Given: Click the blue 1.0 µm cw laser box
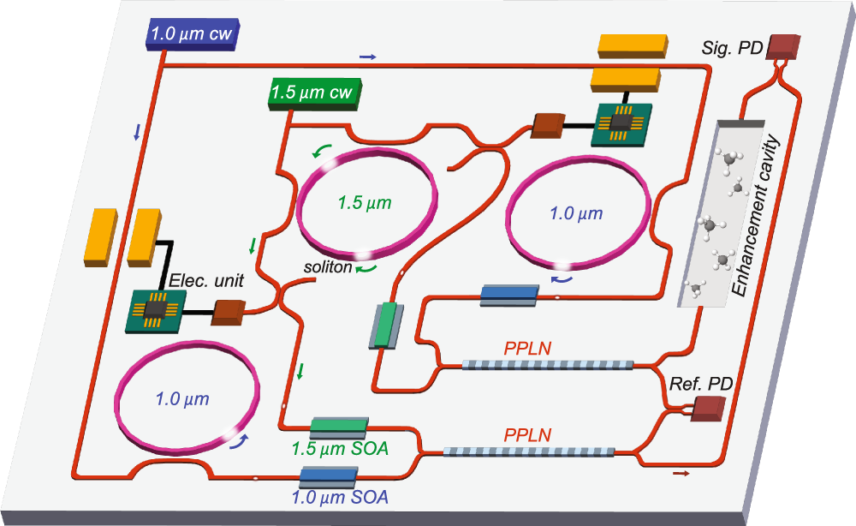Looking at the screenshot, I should (x=190, y=37).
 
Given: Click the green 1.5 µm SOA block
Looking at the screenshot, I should (x=339, y=426).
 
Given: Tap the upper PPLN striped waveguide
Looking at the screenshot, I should (x=548, y=364).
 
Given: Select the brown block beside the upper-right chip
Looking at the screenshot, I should (x=545, y=126).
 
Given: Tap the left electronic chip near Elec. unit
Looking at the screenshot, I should (x=156, y=309).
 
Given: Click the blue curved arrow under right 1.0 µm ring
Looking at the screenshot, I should (x=562, y=278).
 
